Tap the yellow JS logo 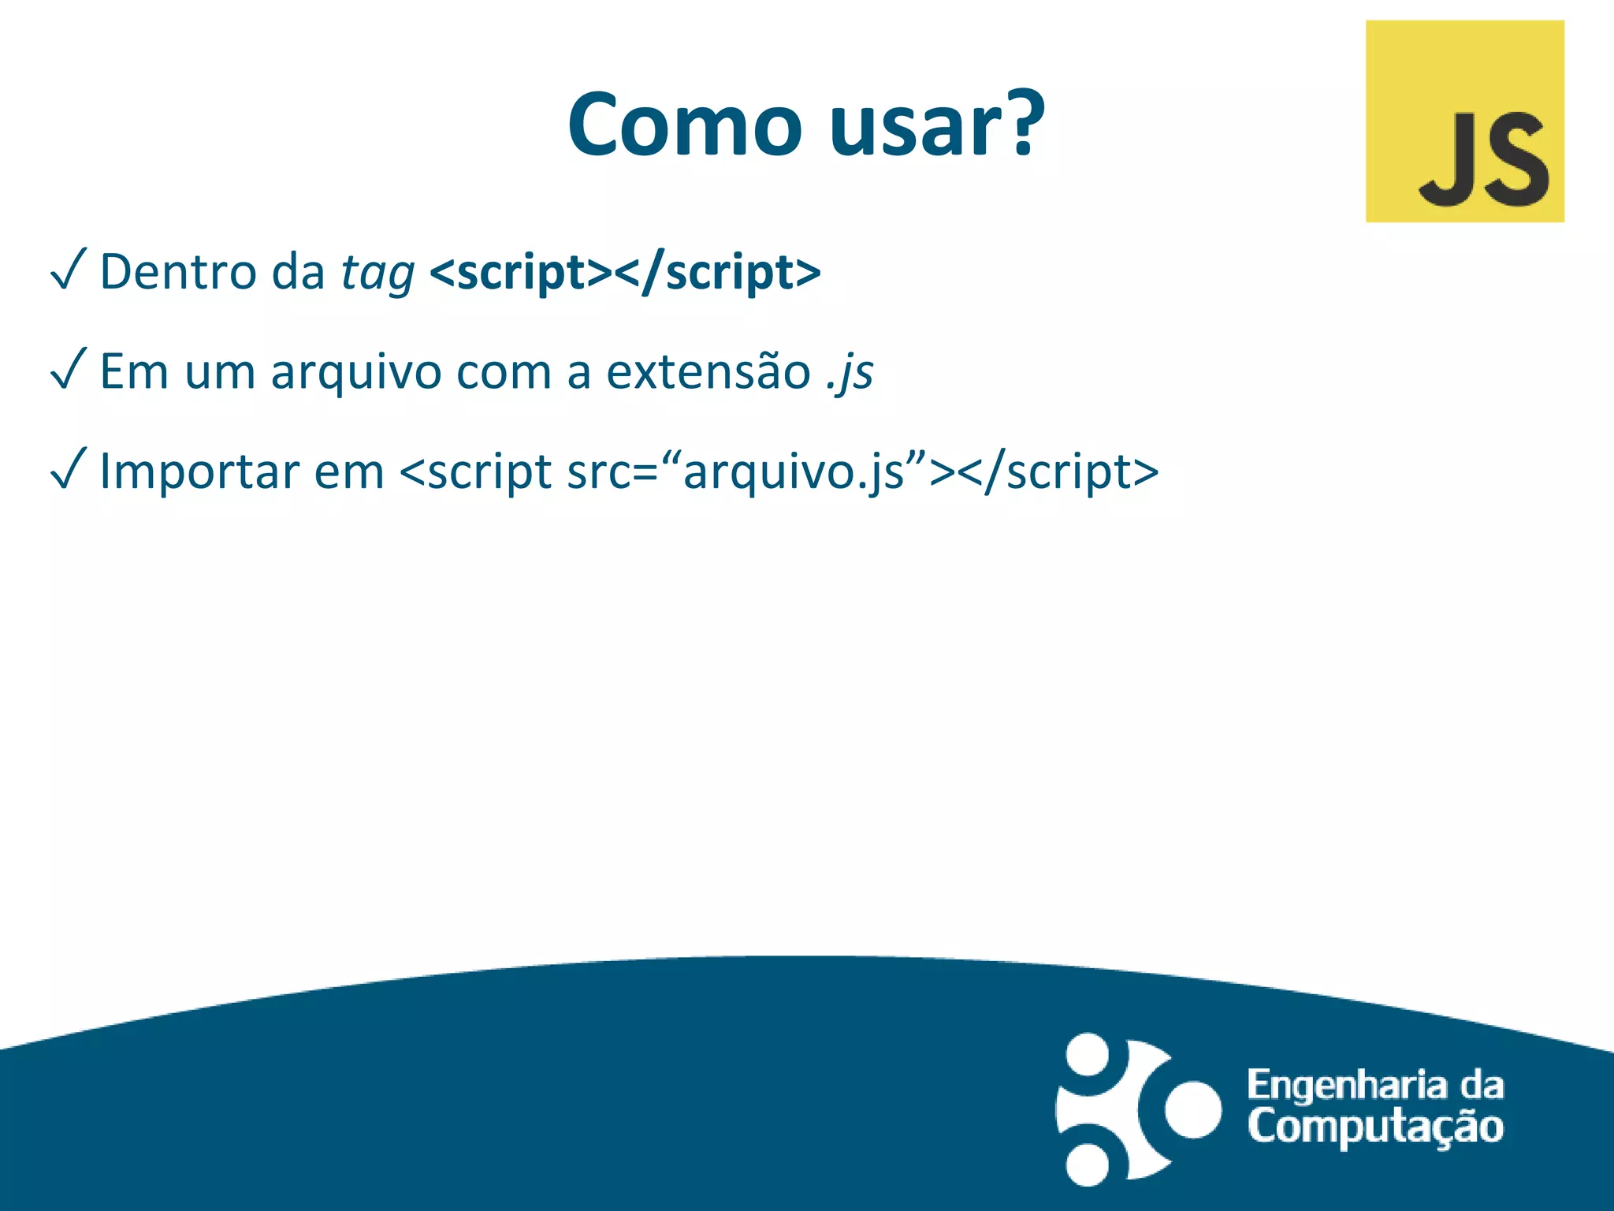pyautogui.click(x=1464, y=121)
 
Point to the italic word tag pyautogui.click(x=377, y=274)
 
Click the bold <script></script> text pyautogui.click(x=625, y=273)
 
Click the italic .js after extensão pyautogui.click(x=850, y=373)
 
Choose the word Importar pyautogui.click(x=199, y=472)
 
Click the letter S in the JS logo pyautogui.click(x=1512, y=160)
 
